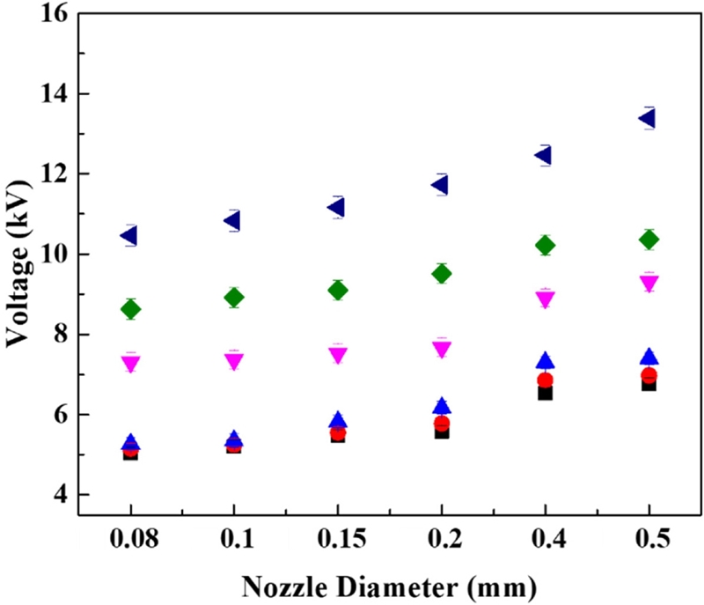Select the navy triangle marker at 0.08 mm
tap(129, 235)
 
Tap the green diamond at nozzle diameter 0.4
tap(545, 246)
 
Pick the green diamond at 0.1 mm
tap(233, 298)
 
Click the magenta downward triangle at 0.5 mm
tap(649, 284)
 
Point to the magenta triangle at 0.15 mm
tap(337, 355)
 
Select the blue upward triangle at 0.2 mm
tap(441, 405)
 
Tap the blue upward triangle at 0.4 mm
tap(545, 361)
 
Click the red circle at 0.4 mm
tap(545, 381)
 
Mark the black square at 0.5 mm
tap(649, 384)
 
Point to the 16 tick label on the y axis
tap(49, 14)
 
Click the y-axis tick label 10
tap(49, 255)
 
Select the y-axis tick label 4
tap(58, 495)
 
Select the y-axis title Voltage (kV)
tap(18, 254)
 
